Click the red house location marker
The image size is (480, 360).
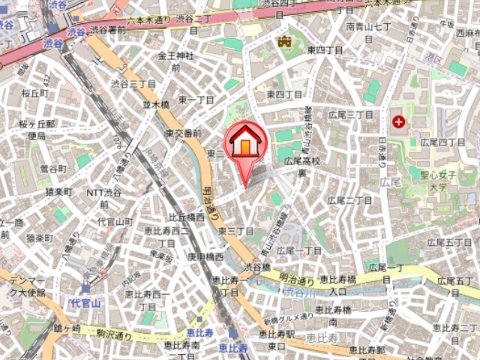[244, 142]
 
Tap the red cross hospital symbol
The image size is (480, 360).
[397, 121]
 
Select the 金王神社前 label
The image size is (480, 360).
[175, 61]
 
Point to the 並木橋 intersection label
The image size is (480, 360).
[156, 105]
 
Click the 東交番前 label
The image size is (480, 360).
[184, 133]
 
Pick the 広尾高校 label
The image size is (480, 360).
[301, 166]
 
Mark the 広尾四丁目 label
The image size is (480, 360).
[443, 142]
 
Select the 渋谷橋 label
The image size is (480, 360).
[256, 266]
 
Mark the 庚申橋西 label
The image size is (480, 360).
[205, 256]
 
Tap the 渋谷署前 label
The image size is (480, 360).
[109, 30]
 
